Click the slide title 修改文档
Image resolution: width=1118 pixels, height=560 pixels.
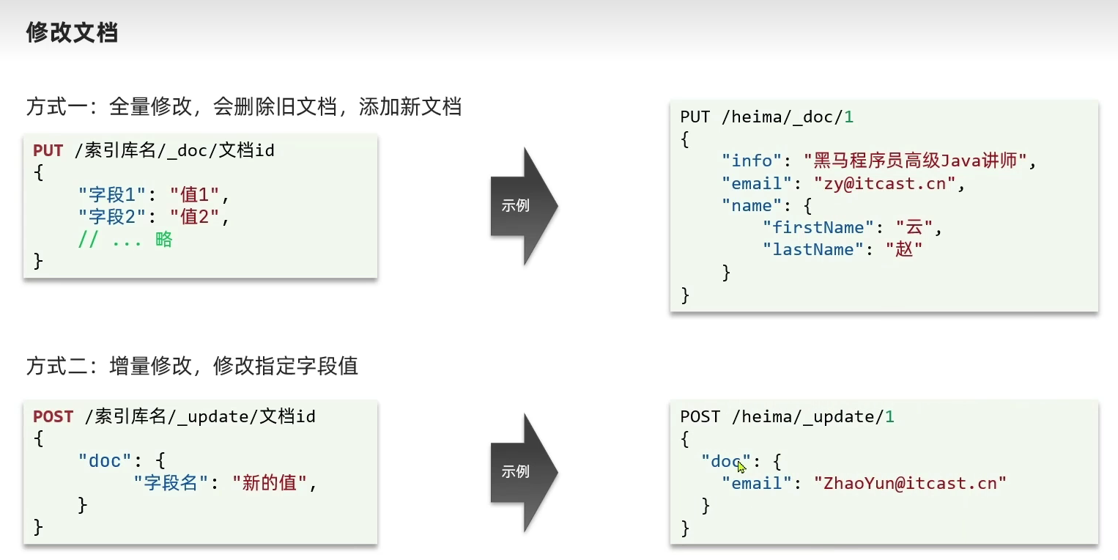[x=72, y=32]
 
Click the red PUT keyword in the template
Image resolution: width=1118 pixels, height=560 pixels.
[x=48, y=151]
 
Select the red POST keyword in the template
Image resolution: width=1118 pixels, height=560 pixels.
[x=53, y=417]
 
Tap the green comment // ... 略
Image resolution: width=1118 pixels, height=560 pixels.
[x=125, y=240]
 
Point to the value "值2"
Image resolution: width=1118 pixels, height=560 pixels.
[x=195, y=217]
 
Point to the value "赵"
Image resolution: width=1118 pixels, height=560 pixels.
[x=903, y=249]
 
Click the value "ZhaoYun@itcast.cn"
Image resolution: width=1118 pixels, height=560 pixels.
[x=911, y=483]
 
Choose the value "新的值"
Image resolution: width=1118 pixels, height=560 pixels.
[x=270, y=483]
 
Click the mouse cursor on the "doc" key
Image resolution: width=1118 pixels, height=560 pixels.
[x=741, y=465]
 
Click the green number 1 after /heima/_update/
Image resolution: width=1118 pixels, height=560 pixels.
[x=889, y=417]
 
